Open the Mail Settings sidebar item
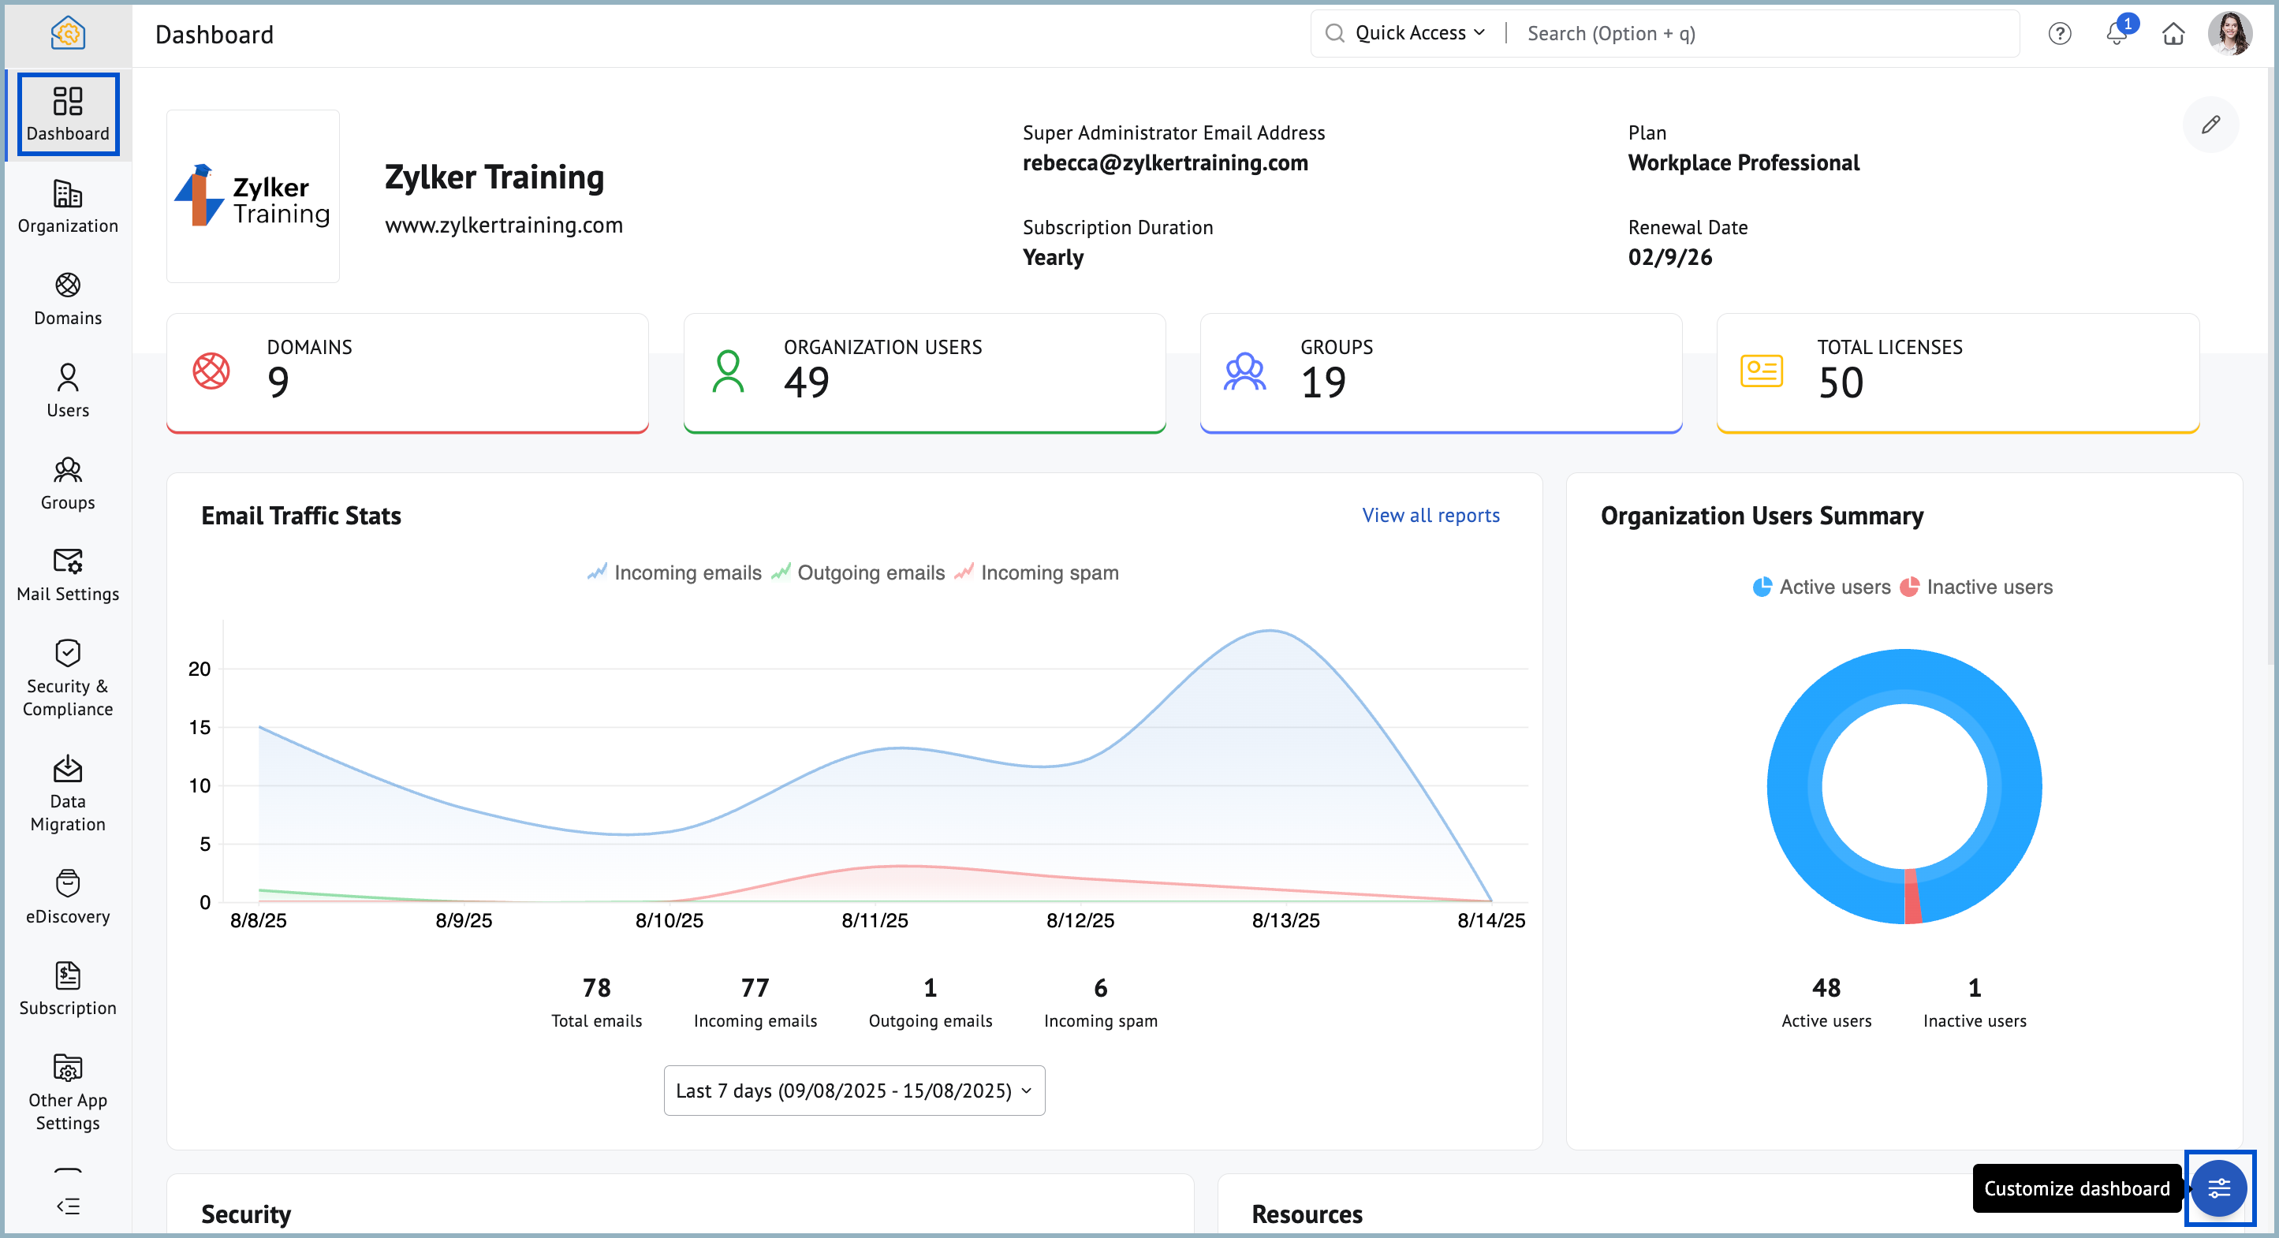click(x=67, y=574)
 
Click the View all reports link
click(x=1430, y=515)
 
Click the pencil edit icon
click(x=2209, y=125)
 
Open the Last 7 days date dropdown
click(x=854, y=1091)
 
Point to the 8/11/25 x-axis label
click(x=874, y=920)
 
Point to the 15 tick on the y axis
click(x=200, y=727)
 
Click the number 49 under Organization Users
click(x=806, y=382)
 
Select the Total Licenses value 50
click(x=1841, y=382)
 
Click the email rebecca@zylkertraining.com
click(x=1164, y=162)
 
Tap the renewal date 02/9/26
click(x=1669, y=258)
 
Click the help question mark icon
click(x=2059, y=34)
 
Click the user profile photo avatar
click(x=2229, y=34)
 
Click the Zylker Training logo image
click(x=253, y=196)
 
